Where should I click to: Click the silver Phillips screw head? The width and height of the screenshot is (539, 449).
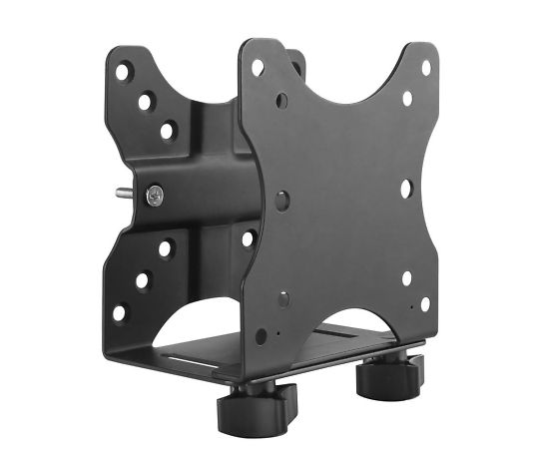point(156,197)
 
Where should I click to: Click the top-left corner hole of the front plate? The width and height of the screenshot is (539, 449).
point(258,68)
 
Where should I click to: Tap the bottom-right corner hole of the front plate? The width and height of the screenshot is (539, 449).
point(425,304)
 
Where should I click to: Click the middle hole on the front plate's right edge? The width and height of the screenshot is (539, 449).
point(406,188)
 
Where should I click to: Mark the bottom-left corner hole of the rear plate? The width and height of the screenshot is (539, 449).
point(120,312)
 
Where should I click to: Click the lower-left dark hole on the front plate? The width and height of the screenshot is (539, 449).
point(283,298)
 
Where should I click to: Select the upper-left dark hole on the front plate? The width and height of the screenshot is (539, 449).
point(282,100)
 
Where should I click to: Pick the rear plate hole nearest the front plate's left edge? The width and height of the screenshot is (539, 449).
point(247,238)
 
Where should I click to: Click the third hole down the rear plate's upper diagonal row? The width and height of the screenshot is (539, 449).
point(167,130)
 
